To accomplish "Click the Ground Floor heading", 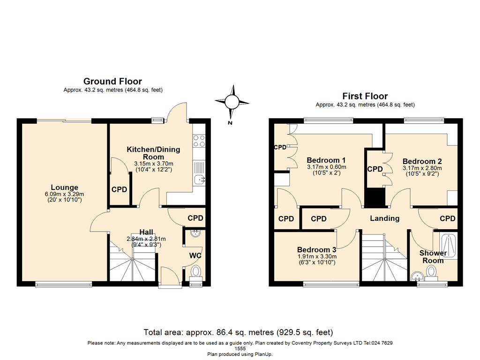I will tap(112, 82).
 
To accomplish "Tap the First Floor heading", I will tap(365, 96).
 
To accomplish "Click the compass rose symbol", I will tap(231, 101).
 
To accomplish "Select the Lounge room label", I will tap(65, 187).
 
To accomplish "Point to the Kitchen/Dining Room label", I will tap(153, 153).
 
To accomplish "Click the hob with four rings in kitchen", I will tap(199, 141).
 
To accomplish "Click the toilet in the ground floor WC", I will tap(196, 271).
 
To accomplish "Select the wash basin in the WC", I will tap(196, 233).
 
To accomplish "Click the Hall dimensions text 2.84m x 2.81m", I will tap(146, 239).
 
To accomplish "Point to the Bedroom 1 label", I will tap(326, 160).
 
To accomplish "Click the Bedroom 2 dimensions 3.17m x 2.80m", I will tap(422, 167).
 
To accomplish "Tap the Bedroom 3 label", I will tap(316, 249).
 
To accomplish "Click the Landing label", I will tap(384, 218).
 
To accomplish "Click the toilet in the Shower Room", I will tap(432, 271).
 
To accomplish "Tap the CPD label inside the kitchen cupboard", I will tap(119, 190).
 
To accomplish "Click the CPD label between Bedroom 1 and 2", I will tap(375, 169).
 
